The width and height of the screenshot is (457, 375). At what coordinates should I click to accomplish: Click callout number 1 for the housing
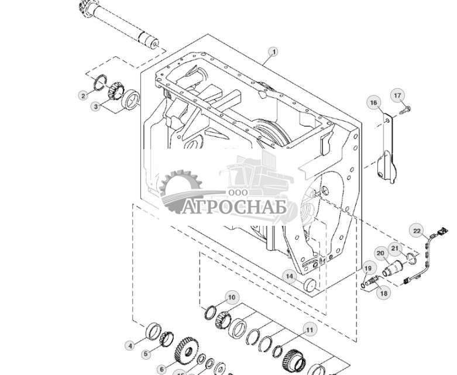(273, 51)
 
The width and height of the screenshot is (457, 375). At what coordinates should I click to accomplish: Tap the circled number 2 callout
(83, 95)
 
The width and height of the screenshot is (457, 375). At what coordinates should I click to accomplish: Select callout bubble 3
(95, 106)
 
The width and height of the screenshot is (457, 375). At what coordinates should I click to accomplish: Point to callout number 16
(374, 103)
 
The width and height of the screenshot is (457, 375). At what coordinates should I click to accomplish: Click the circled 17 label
(398, 95)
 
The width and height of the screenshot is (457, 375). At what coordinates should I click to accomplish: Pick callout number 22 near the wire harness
(416, 230)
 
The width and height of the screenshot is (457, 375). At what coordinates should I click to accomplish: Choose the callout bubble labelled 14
(289, 276)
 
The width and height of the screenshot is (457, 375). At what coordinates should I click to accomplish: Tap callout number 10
(231, 298)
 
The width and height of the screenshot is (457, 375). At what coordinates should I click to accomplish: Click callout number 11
(308, 330)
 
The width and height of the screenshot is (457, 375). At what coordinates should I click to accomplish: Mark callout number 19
(367, 269)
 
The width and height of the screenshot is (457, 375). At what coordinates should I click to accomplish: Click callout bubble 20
(380, 254)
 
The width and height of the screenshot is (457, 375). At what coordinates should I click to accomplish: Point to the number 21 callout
(395, 249)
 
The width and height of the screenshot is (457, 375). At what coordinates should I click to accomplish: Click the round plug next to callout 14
(311, 285)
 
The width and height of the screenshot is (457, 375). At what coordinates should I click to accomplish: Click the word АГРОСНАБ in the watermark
(233, 208)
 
